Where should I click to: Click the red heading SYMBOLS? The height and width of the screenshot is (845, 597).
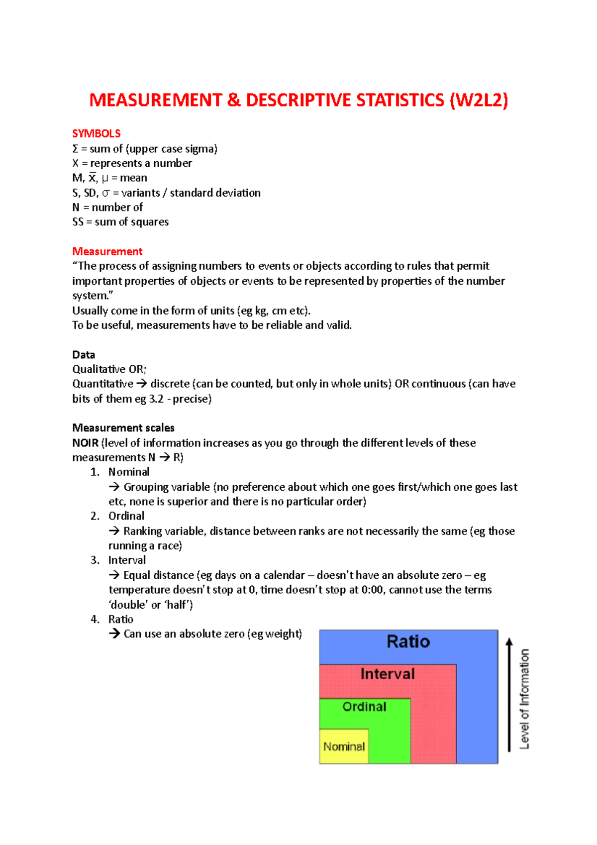96,133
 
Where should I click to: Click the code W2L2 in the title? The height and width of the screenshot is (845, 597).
479,100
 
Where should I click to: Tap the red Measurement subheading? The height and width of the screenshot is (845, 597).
107,251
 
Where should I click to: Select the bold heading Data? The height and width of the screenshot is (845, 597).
83,355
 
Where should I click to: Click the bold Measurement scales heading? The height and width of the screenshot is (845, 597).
123,428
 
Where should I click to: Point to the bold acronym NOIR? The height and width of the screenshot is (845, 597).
85,443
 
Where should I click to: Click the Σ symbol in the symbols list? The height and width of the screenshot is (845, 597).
75,149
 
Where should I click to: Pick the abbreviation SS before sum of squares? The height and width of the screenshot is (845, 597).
78,222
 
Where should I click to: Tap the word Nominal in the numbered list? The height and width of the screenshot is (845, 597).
128,472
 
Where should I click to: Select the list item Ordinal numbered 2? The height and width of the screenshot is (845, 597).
126,516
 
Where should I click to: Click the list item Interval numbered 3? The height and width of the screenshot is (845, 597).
127,560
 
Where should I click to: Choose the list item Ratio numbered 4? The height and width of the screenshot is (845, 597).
120,620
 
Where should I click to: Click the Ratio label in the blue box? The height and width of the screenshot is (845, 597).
408,642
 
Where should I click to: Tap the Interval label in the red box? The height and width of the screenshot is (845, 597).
387,674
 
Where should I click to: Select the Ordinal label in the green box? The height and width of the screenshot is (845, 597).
364,707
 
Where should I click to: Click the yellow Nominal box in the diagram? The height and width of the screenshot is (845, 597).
344,746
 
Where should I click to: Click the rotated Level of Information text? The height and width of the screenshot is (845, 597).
524,698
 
